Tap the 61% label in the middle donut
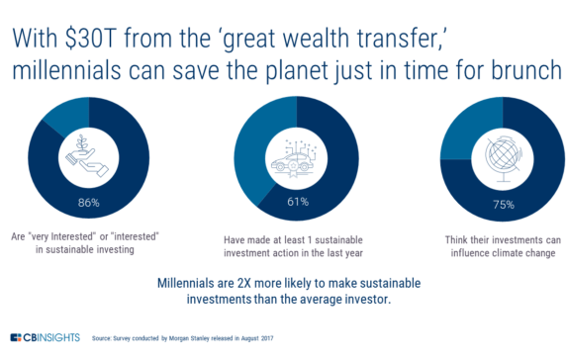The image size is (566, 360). coord(285,201)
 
